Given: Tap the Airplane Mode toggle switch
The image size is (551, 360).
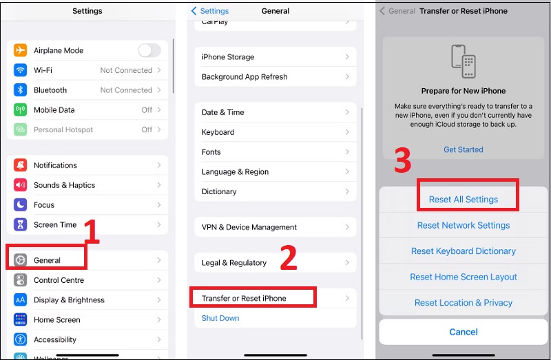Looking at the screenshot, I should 149,50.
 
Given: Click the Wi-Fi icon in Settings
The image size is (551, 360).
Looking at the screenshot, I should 21,70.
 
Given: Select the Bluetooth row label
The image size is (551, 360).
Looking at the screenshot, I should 50,90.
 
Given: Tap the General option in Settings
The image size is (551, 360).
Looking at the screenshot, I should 47,260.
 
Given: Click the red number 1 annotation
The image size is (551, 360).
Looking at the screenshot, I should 92,232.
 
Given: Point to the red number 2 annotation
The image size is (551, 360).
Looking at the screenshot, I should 287,257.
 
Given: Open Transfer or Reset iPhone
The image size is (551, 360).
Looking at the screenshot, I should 244,298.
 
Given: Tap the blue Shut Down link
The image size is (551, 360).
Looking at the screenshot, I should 220,318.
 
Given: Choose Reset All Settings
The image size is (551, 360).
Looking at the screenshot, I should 464,200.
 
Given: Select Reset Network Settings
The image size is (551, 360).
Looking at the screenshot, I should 464,225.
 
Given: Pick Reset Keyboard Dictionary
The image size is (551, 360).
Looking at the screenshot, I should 464,251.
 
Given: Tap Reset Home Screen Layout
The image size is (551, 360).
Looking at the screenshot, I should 464,277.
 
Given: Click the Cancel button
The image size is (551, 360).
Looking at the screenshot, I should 464,332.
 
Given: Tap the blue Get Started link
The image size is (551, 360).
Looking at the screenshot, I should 464,149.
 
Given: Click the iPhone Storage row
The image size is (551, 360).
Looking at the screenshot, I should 228,57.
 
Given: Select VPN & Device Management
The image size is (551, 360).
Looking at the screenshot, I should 249,227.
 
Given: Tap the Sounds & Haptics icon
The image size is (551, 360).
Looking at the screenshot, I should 21,185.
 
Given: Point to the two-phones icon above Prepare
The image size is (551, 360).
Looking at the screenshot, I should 464,62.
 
